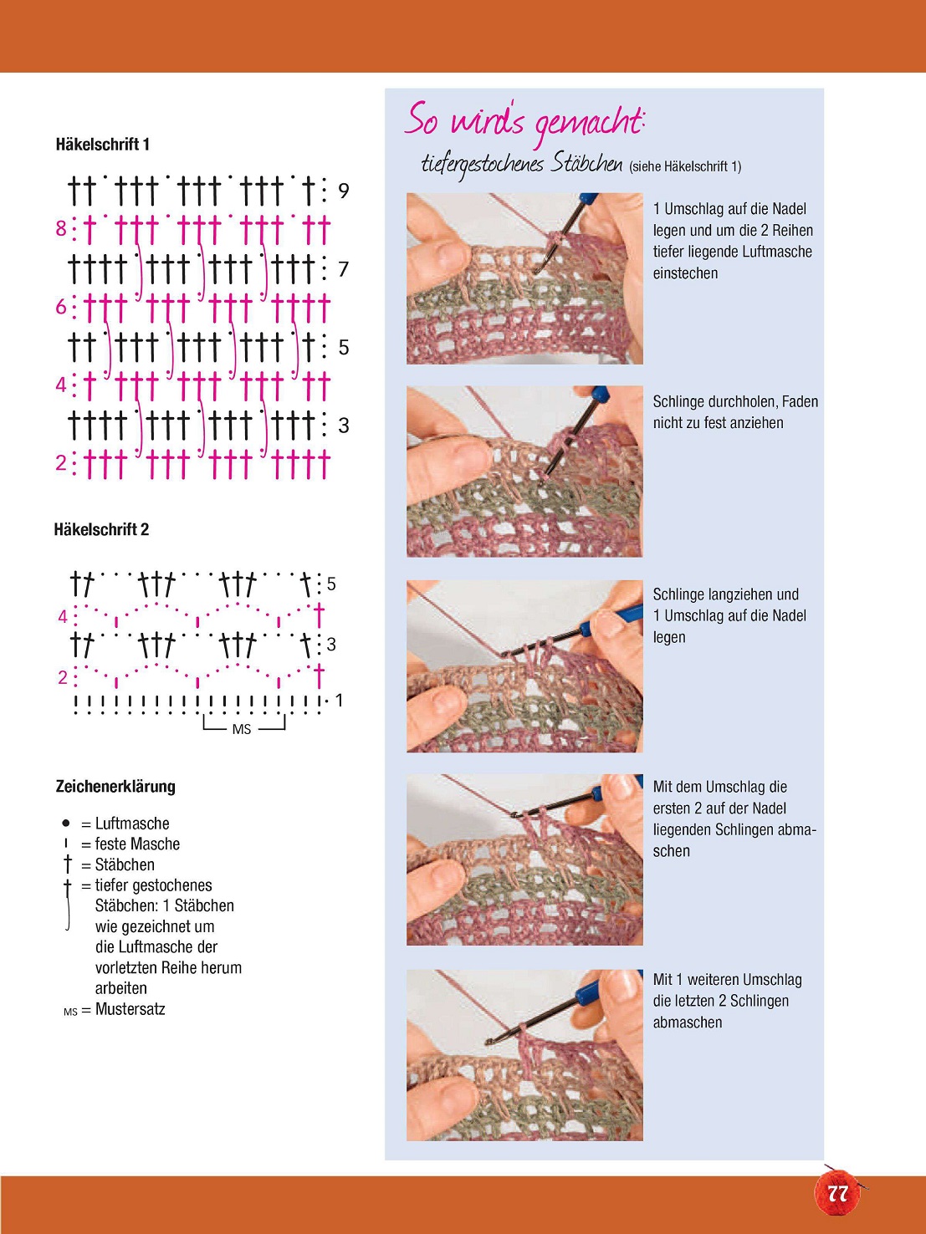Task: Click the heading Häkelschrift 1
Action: tap(102, 145)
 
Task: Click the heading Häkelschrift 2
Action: tap(102, 529)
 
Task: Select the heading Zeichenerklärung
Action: tap(115, 786)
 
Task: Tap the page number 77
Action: tap(837, 1193)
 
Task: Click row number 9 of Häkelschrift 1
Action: tap(344, 191)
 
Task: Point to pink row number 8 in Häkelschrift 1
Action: tap(61, 229)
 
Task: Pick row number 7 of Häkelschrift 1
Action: tap(344, 269)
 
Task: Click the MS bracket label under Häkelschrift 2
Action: tap(242, 729)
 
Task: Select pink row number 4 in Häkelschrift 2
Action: tap(63, 617)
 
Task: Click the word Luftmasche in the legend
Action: tap(132, 824)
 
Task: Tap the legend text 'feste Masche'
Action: tap(137, 844)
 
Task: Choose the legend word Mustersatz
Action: tap(130, 1009)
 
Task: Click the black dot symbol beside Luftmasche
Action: tap(66, 824)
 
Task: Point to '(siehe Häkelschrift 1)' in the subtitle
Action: tap(685, 166)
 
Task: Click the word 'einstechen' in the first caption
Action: tap(685, 273)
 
